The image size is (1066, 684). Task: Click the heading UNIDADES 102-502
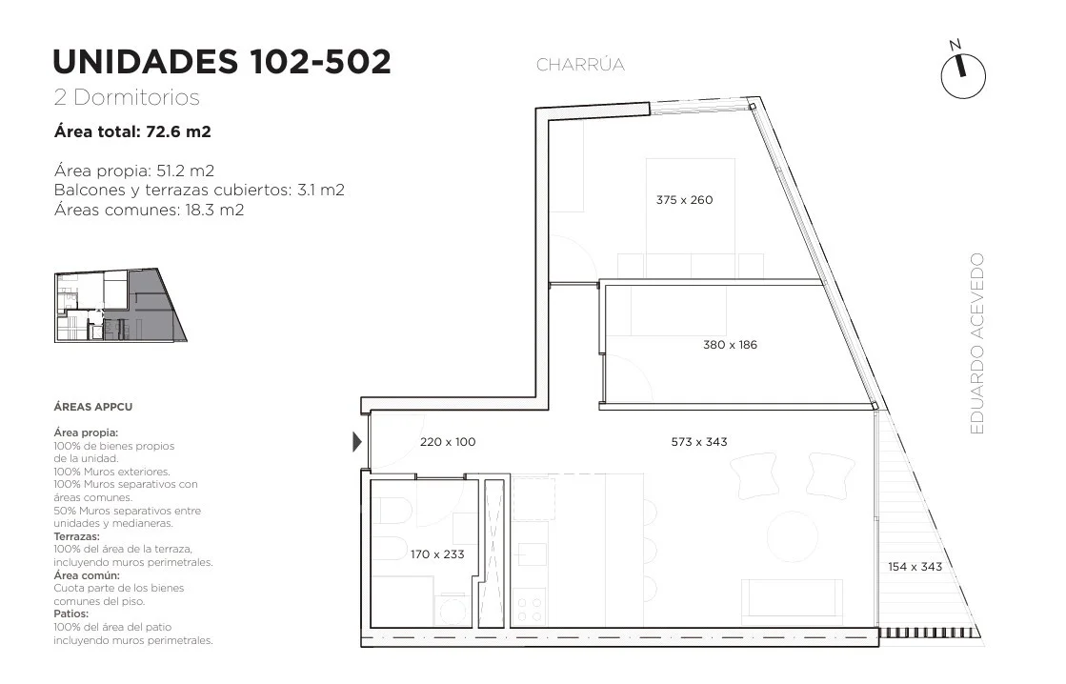coord(222,61)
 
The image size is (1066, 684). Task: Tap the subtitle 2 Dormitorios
coord(127,97)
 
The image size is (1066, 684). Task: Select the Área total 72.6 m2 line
coord(132,131)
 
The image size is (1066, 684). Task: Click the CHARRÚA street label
coord(580,65)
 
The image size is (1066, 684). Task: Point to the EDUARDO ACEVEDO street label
coord(977,343)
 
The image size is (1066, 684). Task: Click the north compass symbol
coord(963,71)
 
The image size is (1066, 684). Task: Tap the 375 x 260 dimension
coord(684,200)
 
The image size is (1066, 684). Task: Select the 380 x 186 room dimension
coord(730,345)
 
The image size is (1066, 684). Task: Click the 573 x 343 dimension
coord(699,442)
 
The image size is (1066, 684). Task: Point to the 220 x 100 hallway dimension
coord(448,442)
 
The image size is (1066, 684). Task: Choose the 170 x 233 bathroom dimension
coord(437,554)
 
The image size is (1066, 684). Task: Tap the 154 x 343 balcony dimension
coord(915,567)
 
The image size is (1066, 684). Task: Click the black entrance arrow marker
coord(357,442)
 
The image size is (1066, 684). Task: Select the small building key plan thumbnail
coord(120,305)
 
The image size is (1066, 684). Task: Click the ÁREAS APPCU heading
coord(93,407)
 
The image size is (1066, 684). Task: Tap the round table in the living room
coord(792,536)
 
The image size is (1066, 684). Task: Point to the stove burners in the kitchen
coord(530,609)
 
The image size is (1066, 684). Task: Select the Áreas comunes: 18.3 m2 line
coord(149,210)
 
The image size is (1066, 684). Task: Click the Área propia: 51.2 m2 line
coord(134,171)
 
